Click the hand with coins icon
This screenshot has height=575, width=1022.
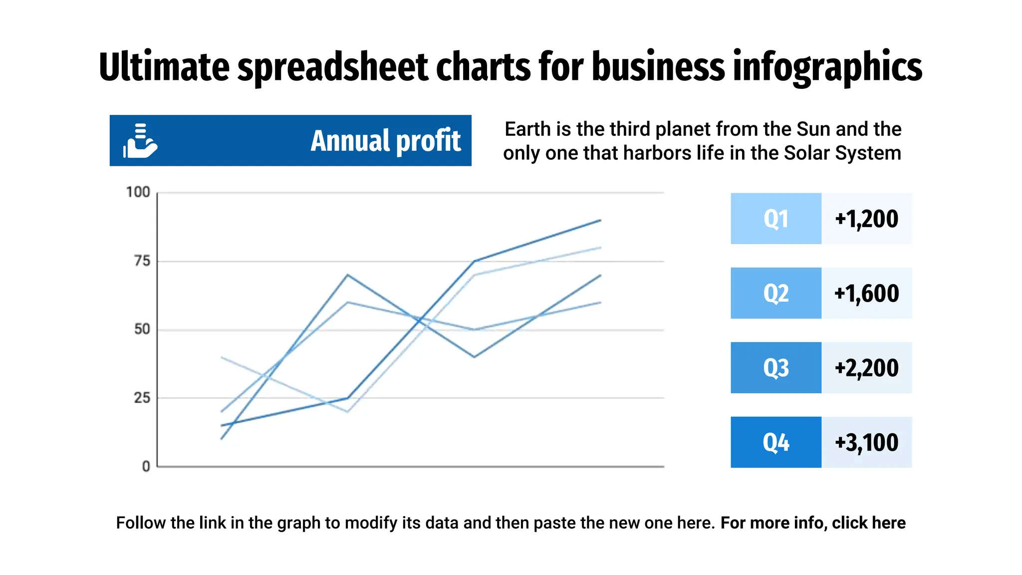140,141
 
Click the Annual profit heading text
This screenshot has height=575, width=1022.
385,141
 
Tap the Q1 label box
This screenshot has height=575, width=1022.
775,219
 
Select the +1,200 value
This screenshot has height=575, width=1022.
866,219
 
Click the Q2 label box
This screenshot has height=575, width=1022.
775,293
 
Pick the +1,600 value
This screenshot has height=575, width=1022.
866,293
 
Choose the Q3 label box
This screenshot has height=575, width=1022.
775,368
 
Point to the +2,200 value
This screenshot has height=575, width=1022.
866,368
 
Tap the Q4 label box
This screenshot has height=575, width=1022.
775,442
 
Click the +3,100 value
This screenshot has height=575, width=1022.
866,442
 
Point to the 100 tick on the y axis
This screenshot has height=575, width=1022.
138,192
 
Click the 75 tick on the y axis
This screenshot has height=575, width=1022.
142,261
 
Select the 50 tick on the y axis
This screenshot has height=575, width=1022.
142,329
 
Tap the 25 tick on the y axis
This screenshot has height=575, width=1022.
142,398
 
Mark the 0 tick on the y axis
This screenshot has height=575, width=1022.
146,466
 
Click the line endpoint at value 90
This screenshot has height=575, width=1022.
600,220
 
